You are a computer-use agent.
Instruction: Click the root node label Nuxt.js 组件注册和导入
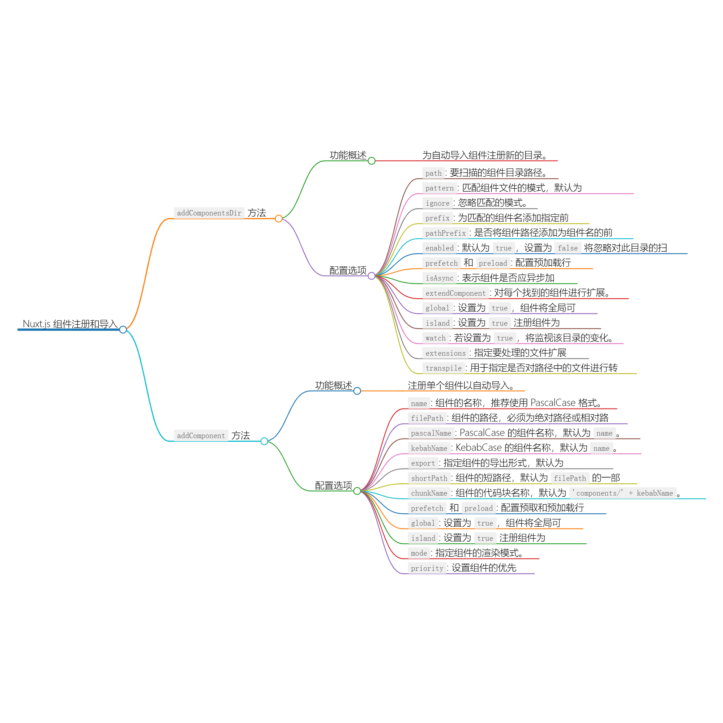70,324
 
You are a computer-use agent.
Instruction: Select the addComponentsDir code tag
209,213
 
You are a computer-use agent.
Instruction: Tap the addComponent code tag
201,436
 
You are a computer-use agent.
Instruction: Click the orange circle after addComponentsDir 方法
279,219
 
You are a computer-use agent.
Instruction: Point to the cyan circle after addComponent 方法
264,441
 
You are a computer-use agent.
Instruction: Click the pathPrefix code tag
445,233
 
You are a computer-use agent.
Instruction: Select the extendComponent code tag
455,293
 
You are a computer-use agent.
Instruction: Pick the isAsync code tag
439,278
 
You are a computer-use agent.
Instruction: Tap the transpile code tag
444,368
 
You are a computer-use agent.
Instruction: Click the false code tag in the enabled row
568,248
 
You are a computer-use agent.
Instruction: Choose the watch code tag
435,338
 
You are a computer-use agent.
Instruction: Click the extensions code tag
445,353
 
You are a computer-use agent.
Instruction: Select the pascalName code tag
431,433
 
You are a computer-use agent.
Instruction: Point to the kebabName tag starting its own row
429,448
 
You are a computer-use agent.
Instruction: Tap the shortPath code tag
429,478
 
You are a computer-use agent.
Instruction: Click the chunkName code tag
429,493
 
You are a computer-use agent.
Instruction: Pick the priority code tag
427,568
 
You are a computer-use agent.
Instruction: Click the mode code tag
419,553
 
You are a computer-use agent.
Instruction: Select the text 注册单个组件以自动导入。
461,385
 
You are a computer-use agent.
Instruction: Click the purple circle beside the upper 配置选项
372,276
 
